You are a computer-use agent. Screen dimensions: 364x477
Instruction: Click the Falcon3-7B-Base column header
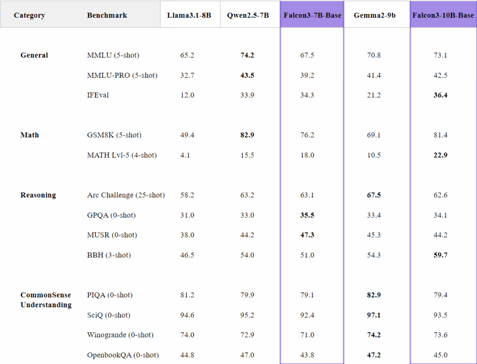(x=312, y=15)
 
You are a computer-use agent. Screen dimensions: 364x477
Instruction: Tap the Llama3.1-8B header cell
(x=189, y=15)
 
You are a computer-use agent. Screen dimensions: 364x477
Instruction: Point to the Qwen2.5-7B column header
(x=248, y=15)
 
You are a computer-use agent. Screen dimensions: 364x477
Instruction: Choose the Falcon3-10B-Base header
(x=443, y=15)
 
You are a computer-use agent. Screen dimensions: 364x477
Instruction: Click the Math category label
(x=30, y=135)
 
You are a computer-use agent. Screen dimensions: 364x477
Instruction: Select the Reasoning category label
(x=38, y=195)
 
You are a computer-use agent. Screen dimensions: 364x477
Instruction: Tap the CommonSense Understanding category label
(x=46, y=300)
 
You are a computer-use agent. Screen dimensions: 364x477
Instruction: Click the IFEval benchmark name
(x=98, y=95)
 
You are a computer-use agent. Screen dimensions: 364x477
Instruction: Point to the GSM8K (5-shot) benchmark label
(x=114, y=135)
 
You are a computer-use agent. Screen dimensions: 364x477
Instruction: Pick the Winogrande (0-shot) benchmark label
(x=120, y=335)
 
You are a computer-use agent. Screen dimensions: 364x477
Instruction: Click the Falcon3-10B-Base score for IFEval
(x=440, y=95)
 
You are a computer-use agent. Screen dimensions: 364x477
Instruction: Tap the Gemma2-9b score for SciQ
(x=374, y=316)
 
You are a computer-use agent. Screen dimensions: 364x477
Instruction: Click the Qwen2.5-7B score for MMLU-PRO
(x=247, y=76)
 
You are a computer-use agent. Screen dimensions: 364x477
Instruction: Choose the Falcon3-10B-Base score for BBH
(x=440, y=255)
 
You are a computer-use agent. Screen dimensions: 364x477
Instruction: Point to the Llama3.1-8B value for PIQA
(x=187, y=295)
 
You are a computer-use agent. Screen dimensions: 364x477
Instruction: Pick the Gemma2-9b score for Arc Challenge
(x=374, y=195)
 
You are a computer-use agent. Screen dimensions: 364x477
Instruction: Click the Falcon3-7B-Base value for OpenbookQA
(x=307, y=355)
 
